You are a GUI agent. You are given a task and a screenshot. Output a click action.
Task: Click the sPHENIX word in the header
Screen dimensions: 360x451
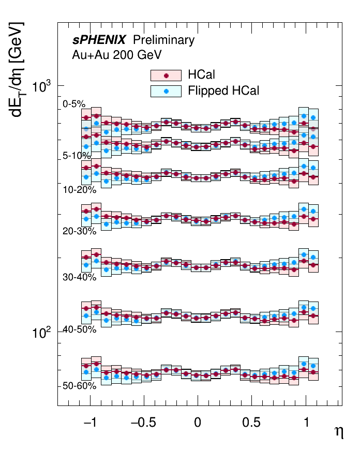click(99, 40)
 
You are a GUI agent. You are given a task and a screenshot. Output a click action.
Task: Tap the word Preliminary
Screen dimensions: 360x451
click(163, 40)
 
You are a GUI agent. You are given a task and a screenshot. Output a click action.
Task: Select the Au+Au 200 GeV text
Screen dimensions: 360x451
click(117, 55)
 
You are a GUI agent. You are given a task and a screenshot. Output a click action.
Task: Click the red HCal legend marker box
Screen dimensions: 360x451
click(166, 76)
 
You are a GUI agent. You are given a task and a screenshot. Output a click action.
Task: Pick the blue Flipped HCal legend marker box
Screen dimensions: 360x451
click(166, 91)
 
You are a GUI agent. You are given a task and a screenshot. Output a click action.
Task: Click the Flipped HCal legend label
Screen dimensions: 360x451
click(223, 91)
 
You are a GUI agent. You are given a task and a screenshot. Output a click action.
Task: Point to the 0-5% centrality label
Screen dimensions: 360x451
click(74, 104)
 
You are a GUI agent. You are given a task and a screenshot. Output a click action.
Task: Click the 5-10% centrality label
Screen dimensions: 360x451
click(77, 156)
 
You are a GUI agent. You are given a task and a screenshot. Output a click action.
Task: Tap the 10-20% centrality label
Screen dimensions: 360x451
click(79, 190)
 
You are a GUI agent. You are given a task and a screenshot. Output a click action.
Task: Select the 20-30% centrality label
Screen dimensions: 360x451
click(79, 231)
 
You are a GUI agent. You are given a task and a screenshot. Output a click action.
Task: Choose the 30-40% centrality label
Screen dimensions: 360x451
click(79, 277)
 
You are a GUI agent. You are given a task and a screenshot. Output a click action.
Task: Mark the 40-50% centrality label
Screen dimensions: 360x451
click(79, 329)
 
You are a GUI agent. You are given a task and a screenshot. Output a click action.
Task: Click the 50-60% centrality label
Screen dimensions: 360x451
click(79, 386)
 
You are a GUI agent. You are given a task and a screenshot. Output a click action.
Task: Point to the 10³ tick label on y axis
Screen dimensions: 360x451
click(41, 86)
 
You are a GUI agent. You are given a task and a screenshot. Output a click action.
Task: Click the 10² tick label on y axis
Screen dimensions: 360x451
click(41, 332)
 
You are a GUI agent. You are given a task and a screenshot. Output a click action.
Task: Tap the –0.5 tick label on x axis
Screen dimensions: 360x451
click(143, 423)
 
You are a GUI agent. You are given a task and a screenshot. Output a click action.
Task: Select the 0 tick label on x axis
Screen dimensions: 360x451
click(198, 423)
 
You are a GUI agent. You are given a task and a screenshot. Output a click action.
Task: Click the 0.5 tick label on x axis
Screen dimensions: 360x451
click(251, 423)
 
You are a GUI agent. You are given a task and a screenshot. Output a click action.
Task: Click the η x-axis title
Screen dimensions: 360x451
click(339, 432)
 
